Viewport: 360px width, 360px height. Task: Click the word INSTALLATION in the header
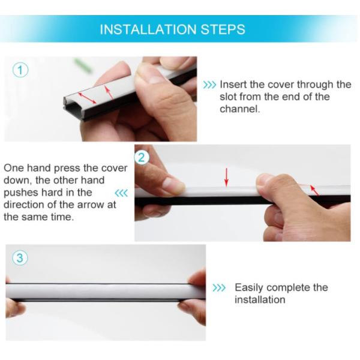pos(148,29)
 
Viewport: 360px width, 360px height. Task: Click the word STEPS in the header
pos(223,29)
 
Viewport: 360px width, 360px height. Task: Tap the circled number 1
pos(20,70)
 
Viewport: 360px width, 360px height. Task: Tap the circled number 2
pos(142,157)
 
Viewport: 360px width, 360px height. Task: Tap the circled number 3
pos(20,257)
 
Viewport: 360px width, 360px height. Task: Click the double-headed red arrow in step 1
pos(87,98)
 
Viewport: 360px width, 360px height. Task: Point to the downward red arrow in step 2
pos(226,177)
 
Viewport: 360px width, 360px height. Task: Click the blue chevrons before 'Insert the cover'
pos(209,85)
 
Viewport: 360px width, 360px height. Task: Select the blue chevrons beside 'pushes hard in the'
pos(121,193)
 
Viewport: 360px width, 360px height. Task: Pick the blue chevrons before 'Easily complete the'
pos(219,287)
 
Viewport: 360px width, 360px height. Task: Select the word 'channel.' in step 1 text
pos(239,109)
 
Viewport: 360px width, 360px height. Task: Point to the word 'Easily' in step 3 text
pos(248,288)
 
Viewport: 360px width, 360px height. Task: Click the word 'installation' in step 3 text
pos(260,299)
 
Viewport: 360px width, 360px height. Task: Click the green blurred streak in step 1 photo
pos(83,65)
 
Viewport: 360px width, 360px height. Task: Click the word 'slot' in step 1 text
pos(228,97)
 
